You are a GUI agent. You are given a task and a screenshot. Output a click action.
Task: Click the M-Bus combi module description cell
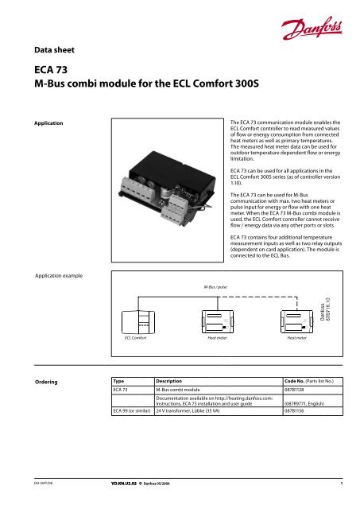pos(188,392)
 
